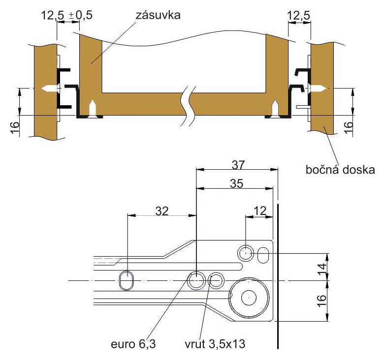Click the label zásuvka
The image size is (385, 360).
tap(158, 15)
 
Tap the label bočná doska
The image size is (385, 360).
tap(340, 170)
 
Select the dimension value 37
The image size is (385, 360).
tap(238, 165)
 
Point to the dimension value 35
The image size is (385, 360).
tap(237, 183)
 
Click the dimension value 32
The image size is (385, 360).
tap(162, 211)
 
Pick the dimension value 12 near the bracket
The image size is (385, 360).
tap(260, 211)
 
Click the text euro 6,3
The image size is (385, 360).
tap(133, 344)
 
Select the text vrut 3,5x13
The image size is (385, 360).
tap(215, 344)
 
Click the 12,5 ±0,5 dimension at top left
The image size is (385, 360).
tap(66, 15)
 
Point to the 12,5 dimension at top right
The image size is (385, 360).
tap(298, 16)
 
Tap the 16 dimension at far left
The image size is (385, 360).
tap(15, 127)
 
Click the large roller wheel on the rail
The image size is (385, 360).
tap(249, 298)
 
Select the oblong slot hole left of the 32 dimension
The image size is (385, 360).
tap(127, 280)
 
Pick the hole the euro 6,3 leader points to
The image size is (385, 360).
tap(196, 280)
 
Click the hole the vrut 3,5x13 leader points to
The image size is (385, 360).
tap(216, 280)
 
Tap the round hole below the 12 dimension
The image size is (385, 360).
tap(246, 253)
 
